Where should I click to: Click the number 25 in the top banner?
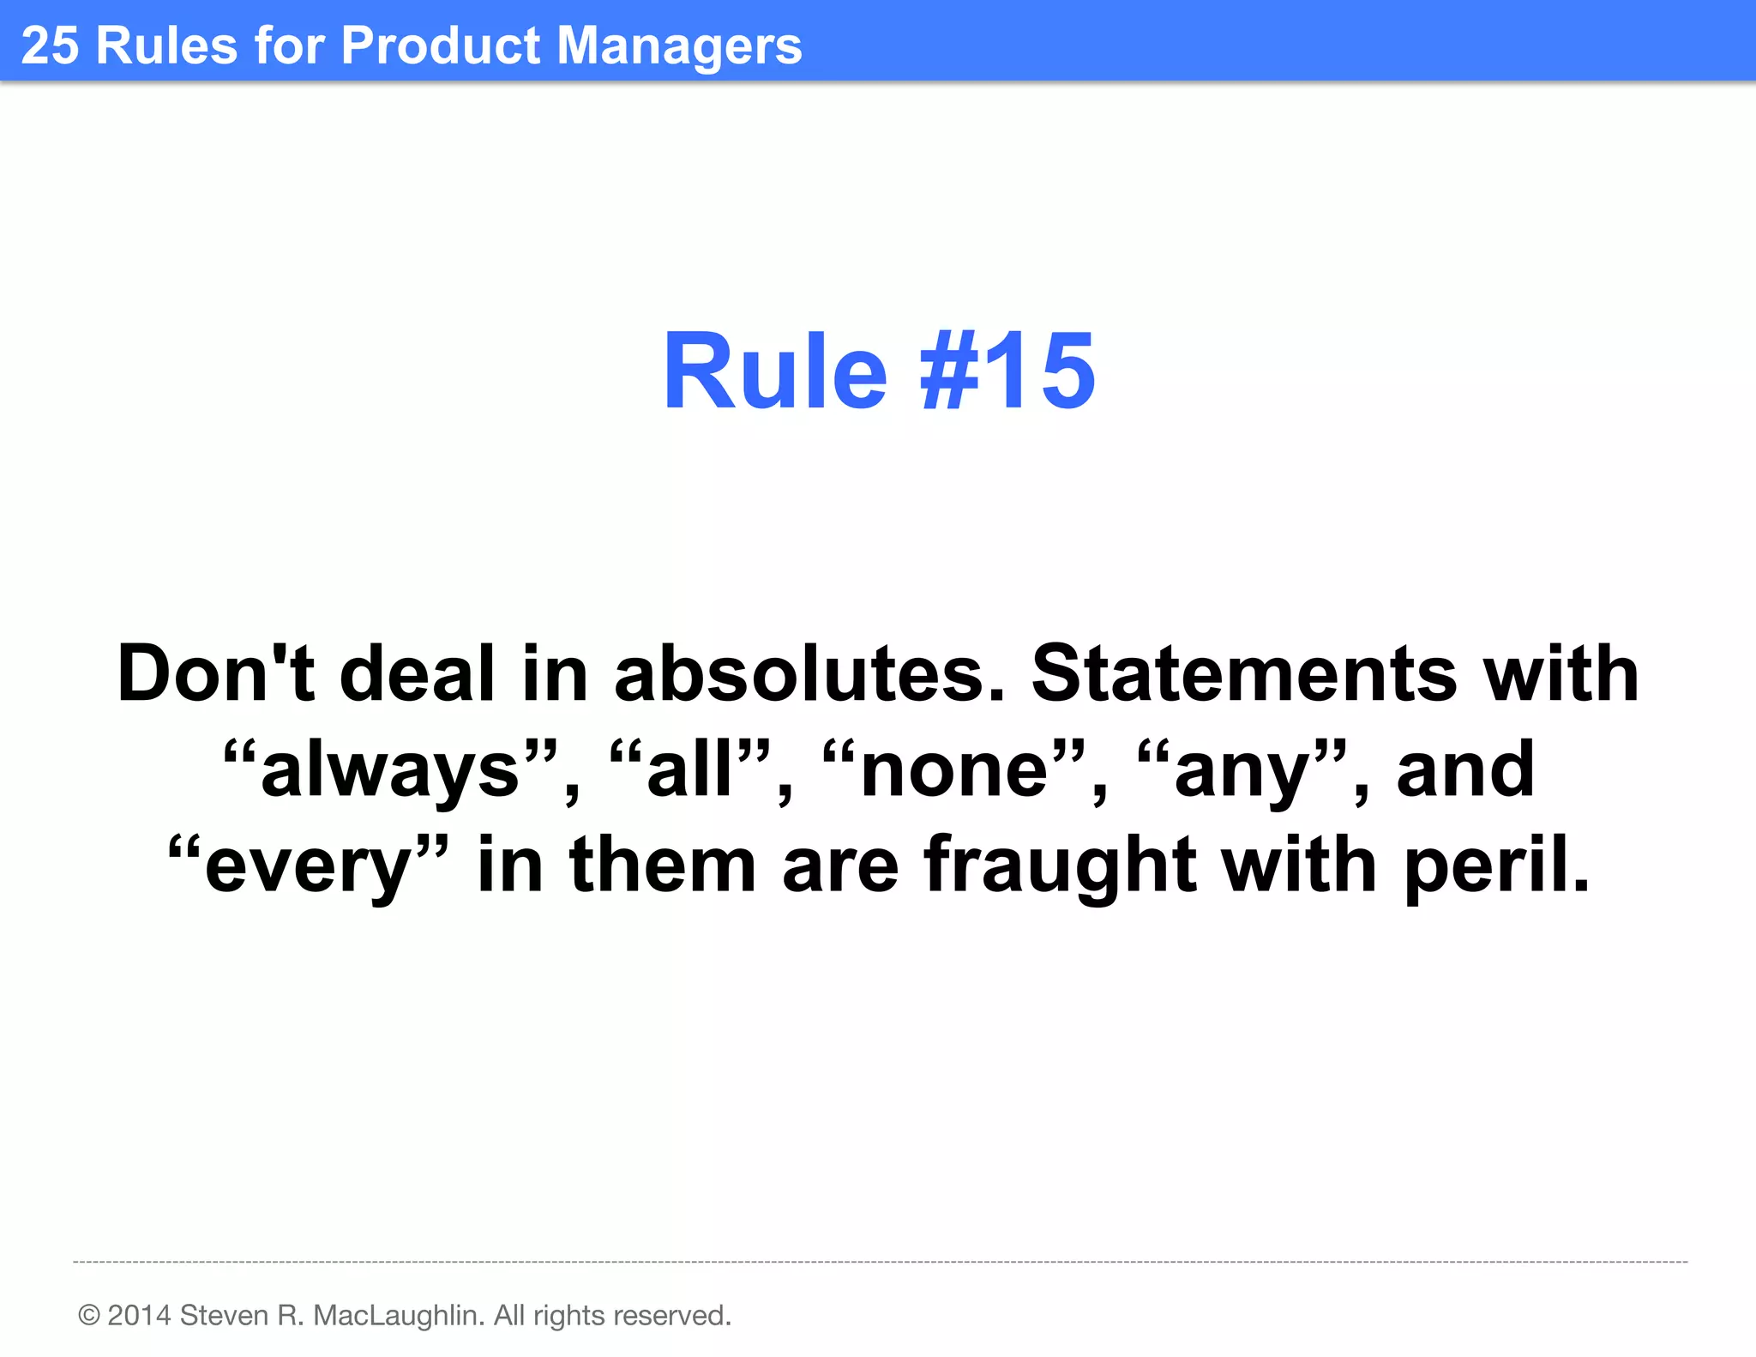tap(50, 45)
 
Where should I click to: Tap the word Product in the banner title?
tap(441, 45)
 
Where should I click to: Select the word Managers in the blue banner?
tap(679, 47)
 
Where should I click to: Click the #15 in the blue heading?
tap(1007, 371)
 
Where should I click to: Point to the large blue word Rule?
tap(775, 371)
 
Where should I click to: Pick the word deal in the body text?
tap(418, 674)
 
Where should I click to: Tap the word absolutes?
tap(809, 674)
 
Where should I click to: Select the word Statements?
tap(1244, 674)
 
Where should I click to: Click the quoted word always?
tap(390, 770)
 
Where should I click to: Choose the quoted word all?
tap(689, 769)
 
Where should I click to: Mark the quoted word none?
tap(954, 770)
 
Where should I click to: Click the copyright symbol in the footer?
tap(88, 1315)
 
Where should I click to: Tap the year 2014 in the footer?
tap(139, 1315)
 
